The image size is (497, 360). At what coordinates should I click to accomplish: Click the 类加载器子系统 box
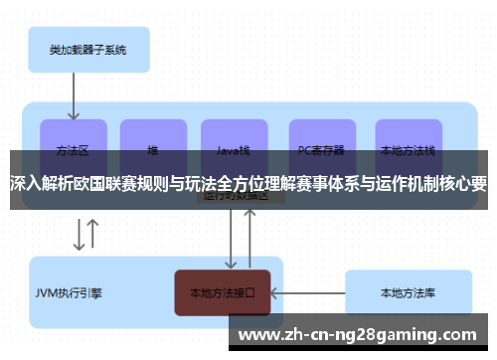(x=86, y=49)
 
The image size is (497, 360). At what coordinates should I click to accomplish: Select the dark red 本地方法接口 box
(x=223, y=293)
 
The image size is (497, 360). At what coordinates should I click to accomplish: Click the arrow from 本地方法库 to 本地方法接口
(x=307, y=293)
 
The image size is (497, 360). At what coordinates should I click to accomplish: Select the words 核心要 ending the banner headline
(x=461, y=184)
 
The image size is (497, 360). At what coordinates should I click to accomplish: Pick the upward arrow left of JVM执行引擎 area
(x=93, y=234)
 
